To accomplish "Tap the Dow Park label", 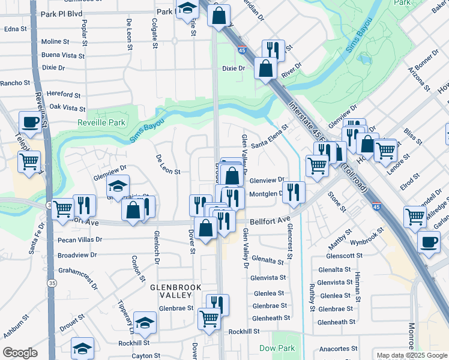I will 277,348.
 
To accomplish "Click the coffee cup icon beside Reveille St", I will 30,123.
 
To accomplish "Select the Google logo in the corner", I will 20,353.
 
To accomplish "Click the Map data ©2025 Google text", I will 411,355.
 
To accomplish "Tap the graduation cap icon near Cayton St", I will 83,348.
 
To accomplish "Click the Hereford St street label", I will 64,95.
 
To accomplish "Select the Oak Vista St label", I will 67,108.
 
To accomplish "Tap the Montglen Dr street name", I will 265,194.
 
